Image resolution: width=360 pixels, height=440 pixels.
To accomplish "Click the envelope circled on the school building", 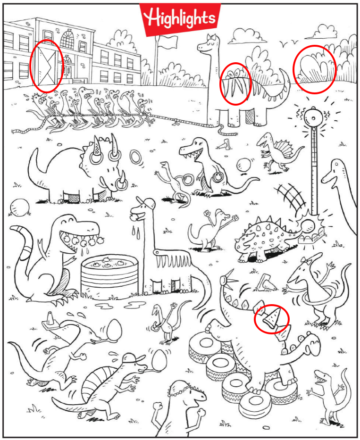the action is (x=47, y=66).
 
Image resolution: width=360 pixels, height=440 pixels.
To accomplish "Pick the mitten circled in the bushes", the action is (x=314, y=68).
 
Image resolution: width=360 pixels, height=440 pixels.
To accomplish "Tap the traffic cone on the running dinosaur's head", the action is (x=50, y=321).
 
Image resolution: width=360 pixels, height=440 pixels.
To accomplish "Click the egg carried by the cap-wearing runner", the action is (x=159, y=360).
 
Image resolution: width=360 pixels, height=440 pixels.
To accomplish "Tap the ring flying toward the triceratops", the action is (x=136, y=157).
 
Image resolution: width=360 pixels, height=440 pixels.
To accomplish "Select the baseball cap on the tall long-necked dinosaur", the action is (x=147, y=203).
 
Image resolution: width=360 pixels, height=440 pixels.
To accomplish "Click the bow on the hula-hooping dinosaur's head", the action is (x=308, y=260).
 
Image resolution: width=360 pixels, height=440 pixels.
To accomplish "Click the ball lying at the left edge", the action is (x=19, y=208).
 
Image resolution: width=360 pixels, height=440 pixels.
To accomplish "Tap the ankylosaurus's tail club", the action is (x=309, y=225).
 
